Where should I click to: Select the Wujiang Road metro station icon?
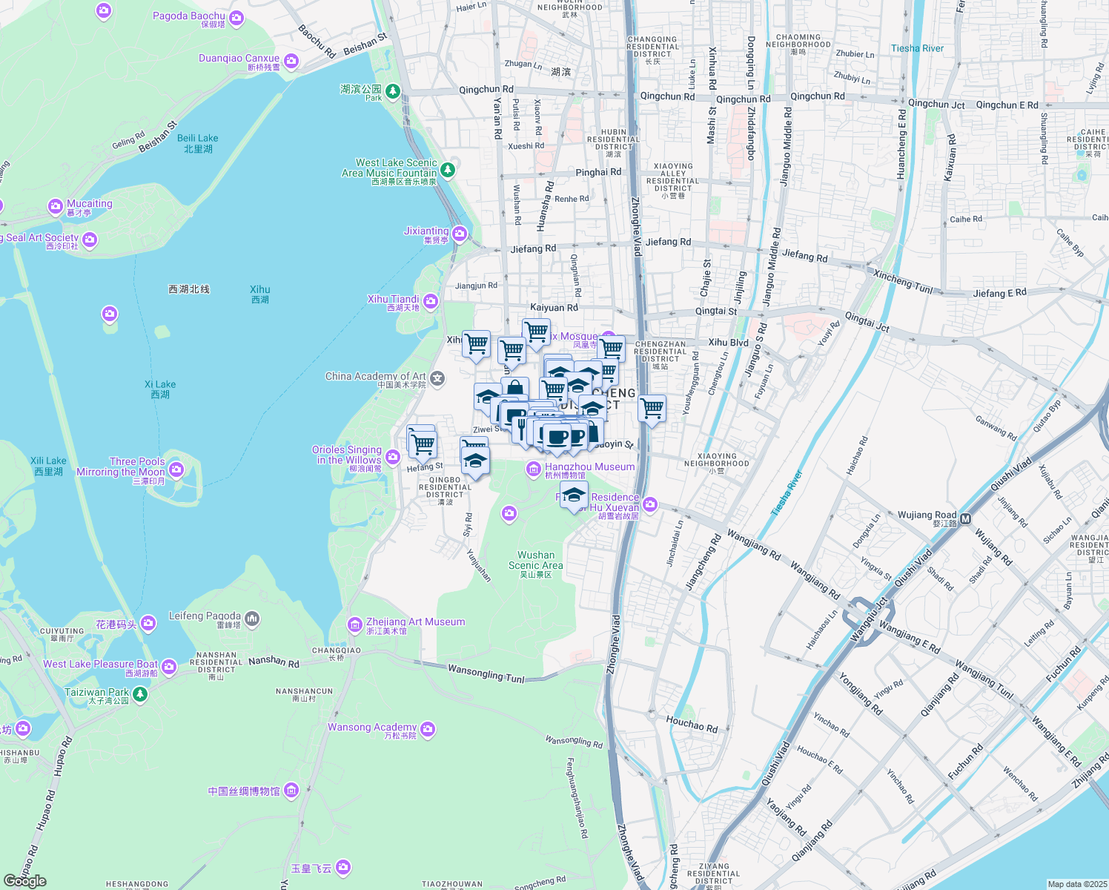965,519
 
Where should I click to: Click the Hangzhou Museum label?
589,467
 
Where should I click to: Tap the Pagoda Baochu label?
188,16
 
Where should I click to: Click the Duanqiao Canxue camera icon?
291,61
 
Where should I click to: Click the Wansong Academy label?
372,728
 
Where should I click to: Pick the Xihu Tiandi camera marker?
431,301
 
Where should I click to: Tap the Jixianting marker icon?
460,234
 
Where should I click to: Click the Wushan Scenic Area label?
535,560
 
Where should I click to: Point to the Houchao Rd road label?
692,723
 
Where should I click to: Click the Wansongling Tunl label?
486,673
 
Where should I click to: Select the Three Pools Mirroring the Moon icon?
176,469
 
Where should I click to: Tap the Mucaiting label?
90,204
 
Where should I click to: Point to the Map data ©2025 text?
1076,884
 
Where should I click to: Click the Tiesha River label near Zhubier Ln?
917,49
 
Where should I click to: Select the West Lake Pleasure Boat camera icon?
169,667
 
